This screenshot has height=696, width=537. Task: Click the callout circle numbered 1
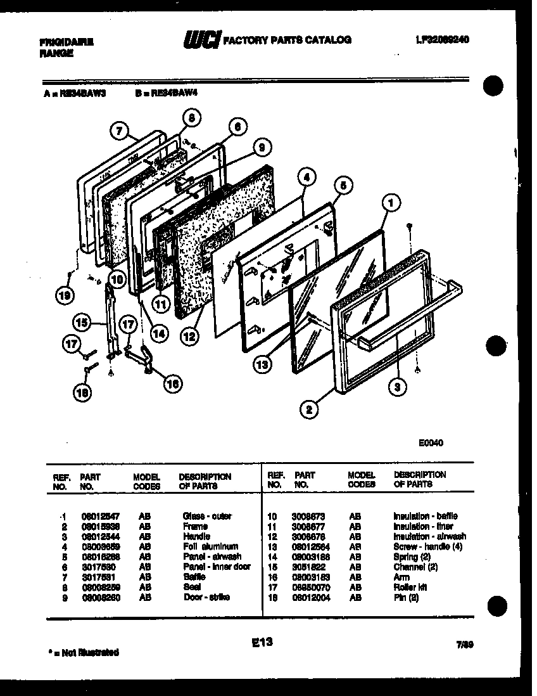(392, 204)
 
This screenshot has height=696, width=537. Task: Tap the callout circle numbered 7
(117, 131)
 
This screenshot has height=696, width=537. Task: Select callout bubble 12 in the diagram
(188, 337)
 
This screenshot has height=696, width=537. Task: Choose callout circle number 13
(263, 364)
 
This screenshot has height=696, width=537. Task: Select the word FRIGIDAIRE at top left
(66, 42)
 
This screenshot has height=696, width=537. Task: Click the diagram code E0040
(430, 443)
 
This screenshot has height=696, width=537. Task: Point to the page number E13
(261, 643)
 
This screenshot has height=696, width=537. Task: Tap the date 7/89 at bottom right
(465, 646)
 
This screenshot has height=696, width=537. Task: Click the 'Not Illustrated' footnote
(83, 652)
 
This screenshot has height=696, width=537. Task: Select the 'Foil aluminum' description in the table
(210, 546)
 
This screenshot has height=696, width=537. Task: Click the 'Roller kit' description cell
(410, 587)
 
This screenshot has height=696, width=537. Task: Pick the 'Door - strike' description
(206, 597)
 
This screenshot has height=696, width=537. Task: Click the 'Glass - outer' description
(207, 516)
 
